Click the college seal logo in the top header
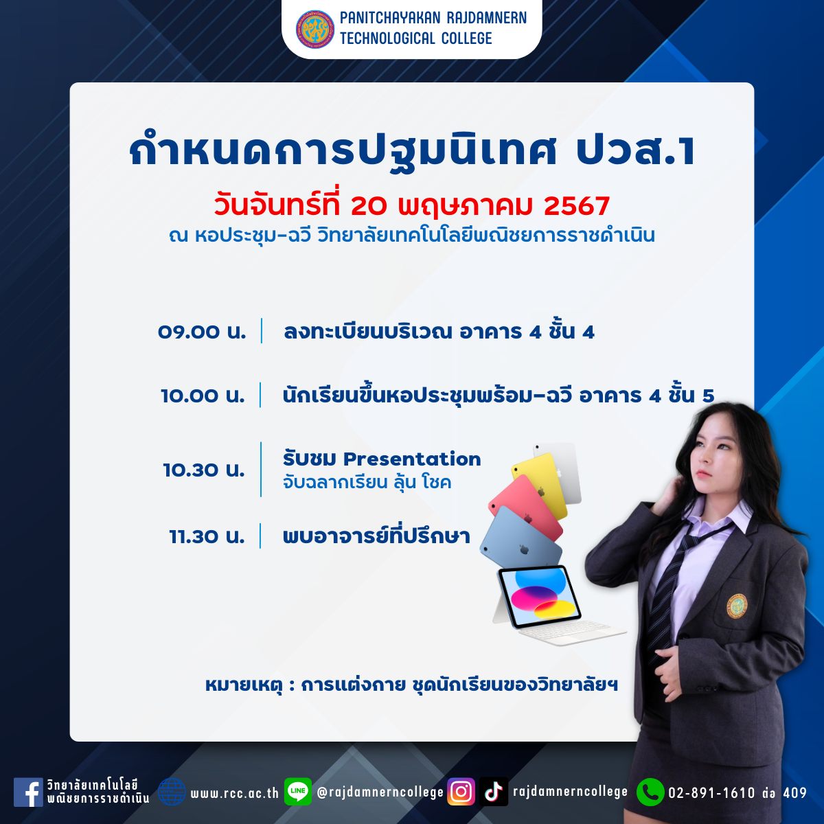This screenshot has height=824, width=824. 315,29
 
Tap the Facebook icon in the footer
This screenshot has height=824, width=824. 28,792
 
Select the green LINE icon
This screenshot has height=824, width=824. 297,792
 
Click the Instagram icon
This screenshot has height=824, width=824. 461,792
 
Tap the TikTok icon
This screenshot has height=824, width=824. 494,792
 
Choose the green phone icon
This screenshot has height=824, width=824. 650,792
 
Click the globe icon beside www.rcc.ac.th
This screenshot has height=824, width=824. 172,792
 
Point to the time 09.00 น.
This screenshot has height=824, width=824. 202,332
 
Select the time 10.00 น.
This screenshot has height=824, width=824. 203,396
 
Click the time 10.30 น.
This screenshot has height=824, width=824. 204,470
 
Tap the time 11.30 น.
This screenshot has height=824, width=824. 207,536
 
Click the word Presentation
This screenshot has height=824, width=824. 412,459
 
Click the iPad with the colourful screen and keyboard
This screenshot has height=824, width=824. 556,604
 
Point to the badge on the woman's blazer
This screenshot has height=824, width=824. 737,606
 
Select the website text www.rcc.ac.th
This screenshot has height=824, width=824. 234,793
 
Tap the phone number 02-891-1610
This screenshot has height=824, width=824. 712,793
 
